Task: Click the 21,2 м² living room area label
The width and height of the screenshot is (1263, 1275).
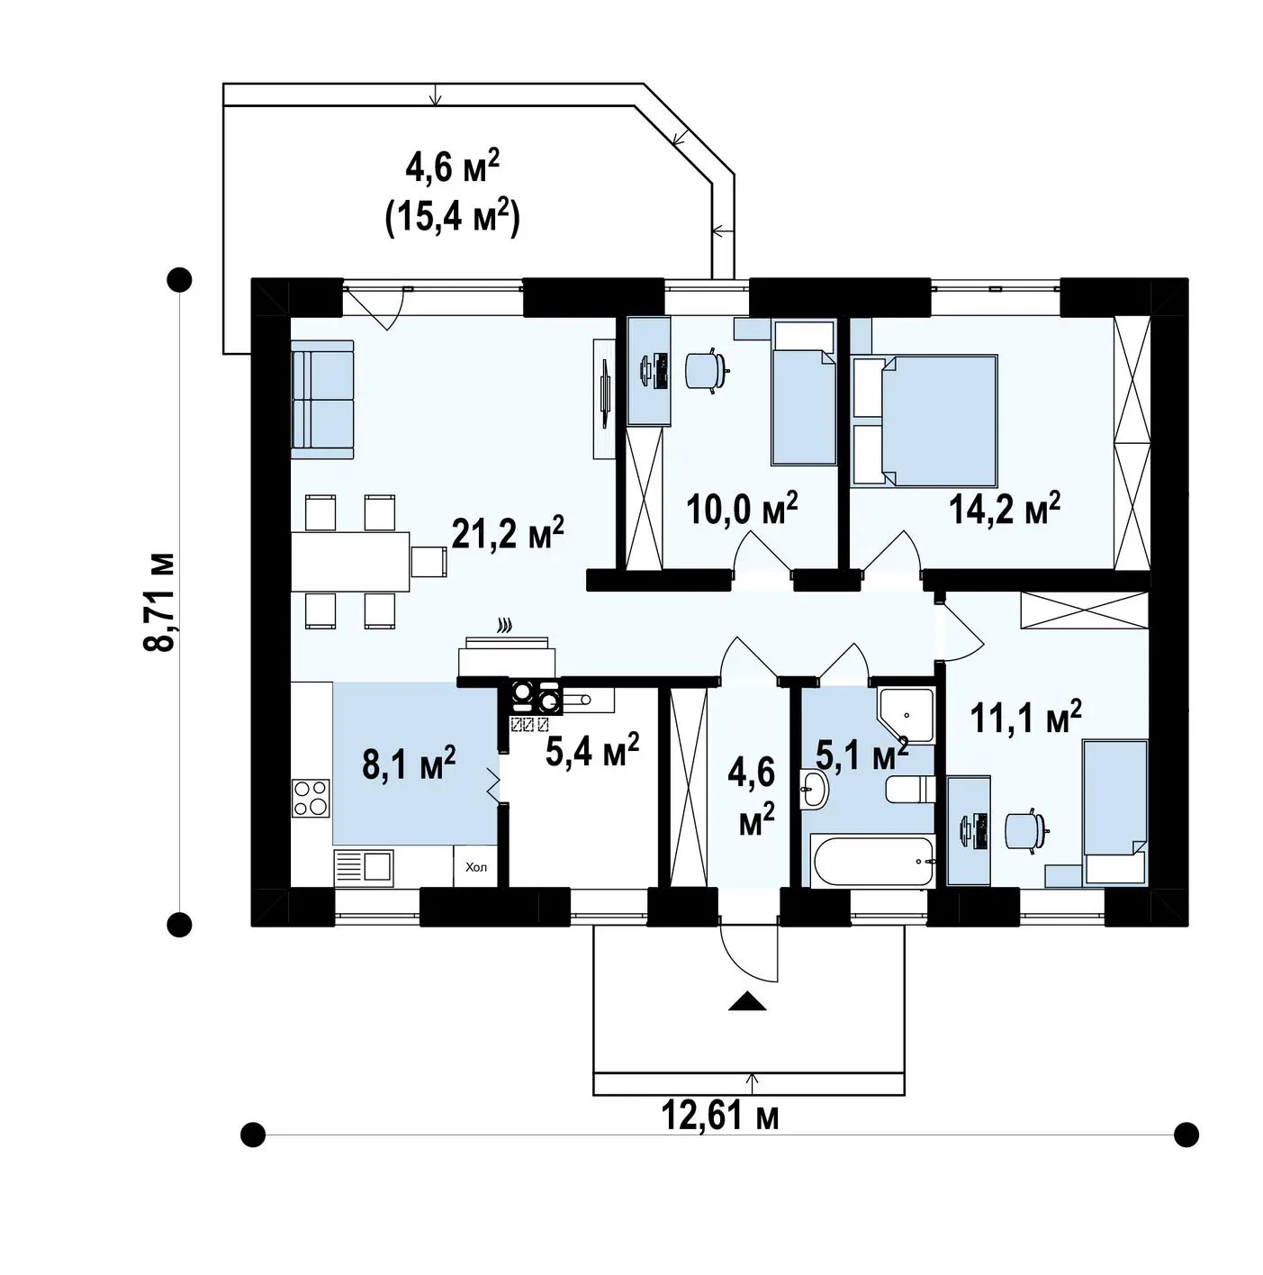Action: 508,534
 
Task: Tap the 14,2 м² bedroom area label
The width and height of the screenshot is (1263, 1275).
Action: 1005,508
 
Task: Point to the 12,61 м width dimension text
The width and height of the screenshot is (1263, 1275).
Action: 720,1117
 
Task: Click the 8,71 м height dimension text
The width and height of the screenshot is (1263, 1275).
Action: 160,601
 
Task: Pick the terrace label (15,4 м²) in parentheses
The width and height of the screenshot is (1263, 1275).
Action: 453,218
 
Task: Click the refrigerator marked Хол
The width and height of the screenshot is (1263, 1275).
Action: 475,867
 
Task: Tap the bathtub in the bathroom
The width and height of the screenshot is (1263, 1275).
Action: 872,862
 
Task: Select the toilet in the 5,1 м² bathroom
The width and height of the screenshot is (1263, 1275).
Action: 910,790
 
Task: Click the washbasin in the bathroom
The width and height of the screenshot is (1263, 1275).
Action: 815,789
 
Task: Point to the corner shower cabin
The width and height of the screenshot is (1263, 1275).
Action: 905,715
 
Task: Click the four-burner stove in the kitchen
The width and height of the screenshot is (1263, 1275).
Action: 311,798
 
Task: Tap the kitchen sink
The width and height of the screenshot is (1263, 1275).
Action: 363,867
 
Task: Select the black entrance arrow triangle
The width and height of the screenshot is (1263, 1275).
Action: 747,1001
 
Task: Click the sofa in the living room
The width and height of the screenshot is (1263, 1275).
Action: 322,399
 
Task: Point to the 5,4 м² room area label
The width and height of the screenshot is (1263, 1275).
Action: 592,750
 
